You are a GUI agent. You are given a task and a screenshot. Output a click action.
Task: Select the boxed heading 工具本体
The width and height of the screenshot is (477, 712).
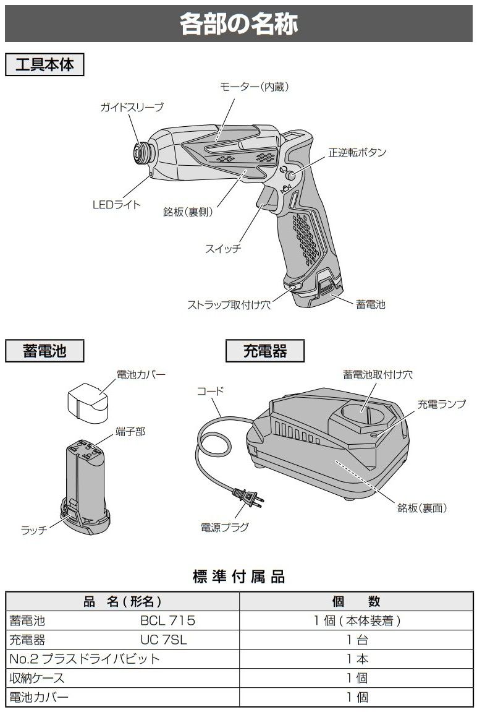(44, 64)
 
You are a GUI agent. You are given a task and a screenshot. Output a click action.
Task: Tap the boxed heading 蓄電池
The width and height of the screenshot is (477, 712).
(44, 351)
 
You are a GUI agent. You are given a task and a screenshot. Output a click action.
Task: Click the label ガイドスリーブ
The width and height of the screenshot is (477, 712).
(132, 108)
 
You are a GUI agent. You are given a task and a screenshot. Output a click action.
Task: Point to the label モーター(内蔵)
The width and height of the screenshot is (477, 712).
(255, 87)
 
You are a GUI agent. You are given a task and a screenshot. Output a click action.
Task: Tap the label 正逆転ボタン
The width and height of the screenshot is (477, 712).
(357, 152)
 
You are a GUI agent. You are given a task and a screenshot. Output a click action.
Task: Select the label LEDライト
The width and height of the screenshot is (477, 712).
(117, 205)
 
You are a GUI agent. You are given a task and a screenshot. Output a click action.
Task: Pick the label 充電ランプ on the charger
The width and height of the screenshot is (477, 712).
(442, 405)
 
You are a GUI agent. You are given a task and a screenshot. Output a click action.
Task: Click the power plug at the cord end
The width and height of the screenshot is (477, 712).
(250, 497)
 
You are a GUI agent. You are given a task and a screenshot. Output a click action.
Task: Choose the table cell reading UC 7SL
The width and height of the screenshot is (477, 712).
(163, 640)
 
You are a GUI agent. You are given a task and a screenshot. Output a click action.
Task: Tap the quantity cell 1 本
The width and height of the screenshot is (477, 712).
(357, 659)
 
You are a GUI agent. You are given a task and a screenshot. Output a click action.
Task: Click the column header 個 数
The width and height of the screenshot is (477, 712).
(357, 601)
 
